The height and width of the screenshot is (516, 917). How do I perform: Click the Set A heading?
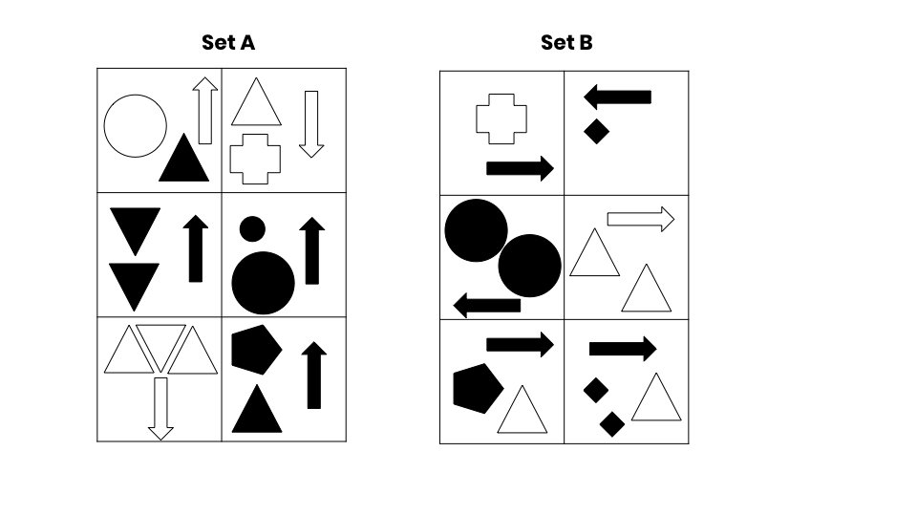(x=228, y=42)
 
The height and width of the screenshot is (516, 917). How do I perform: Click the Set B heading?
(x=566, y=42)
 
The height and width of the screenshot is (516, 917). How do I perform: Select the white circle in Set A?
(x=135, y=126)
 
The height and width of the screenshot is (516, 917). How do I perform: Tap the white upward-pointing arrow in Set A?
(x=204, y=111)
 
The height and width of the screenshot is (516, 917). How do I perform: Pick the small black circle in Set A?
(x=252, y=228)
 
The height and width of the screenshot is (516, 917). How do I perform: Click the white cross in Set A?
(x=255, y=160)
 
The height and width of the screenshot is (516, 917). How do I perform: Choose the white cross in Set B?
(x=501, y=118)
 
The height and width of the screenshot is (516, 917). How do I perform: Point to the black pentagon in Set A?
(x=256, y=350)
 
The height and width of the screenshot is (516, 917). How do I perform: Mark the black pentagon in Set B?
(x=478, y=389)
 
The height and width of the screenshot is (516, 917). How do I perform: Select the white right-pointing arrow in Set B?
(x=641, y=220)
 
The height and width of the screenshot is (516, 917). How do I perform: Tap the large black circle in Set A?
(x=264, y=283)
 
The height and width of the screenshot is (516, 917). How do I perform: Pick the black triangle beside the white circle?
(x=183, y=158)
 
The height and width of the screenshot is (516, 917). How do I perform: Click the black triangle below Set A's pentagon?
(x=257, y=409)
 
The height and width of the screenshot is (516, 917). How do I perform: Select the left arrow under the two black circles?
(x=486, y=306)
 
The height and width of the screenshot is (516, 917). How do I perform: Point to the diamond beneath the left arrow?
(x=596, y=131)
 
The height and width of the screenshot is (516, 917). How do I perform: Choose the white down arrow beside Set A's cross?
(x=311, y=124)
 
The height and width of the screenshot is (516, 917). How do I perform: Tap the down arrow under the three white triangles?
(x=160, y=409)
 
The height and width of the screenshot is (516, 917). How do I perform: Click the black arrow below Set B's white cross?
(x=520, y=168)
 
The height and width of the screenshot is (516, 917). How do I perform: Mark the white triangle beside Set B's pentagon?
(x=522, y=410)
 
